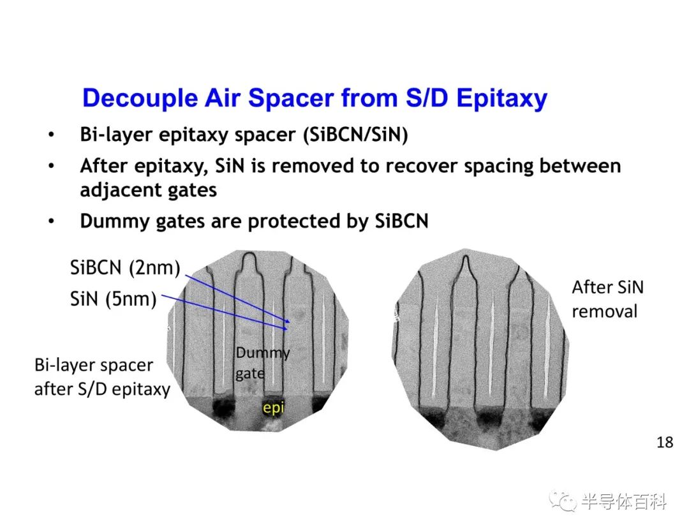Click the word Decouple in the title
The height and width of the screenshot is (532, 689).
pos(140,98)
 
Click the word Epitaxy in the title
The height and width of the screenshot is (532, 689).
pos(502,98)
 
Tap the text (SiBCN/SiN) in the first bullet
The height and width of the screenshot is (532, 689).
pos(355,135)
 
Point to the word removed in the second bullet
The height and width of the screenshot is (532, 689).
pos(313,166)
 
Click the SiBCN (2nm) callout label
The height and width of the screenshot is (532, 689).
pos(125,267)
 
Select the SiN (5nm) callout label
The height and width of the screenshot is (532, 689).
pos(114,299)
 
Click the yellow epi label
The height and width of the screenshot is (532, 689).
pos(273,408)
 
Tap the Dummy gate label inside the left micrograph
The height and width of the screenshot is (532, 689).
pos(262,363)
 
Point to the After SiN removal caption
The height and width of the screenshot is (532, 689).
pos(608,299)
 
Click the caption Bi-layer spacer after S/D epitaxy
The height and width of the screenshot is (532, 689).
pos(102,377)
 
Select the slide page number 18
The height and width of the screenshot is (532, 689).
pos(665,442)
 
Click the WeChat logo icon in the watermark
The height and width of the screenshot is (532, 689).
pos(563,501)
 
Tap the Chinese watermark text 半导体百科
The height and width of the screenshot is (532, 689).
pos(624,501)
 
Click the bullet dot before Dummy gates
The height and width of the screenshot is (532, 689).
pos(52,221)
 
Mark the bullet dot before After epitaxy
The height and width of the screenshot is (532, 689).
pos(52,166)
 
